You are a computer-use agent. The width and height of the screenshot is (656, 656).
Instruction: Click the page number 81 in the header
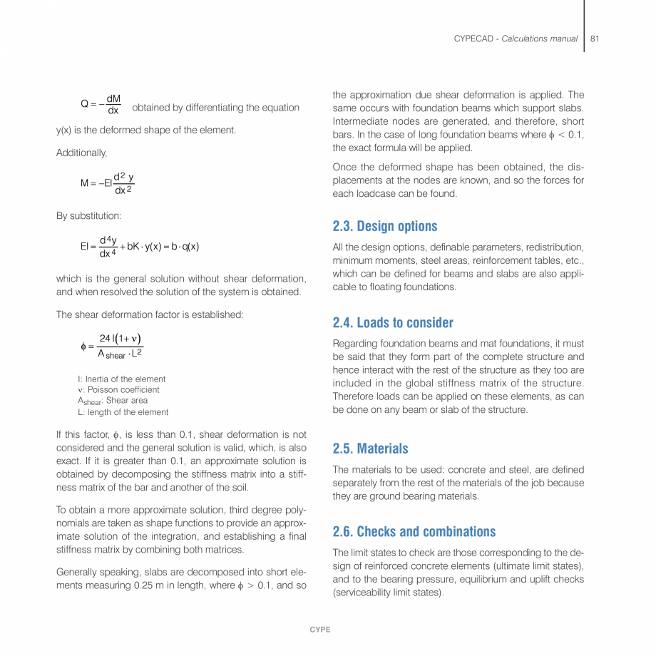(594, 39)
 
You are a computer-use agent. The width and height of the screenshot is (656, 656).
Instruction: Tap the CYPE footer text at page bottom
(319, 630)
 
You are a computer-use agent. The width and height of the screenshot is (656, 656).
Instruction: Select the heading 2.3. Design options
(385, 227)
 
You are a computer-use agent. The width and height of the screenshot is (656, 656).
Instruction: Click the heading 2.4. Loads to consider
(393, 323)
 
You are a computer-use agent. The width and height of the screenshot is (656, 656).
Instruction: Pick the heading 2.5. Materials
(370, 449)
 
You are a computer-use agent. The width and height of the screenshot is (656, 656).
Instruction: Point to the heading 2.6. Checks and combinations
(414, 532)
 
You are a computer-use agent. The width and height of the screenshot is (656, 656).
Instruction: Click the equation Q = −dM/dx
(101, 105)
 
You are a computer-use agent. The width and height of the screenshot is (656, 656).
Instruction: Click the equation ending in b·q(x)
(139, 247)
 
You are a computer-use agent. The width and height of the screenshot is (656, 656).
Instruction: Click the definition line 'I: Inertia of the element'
(121, 379)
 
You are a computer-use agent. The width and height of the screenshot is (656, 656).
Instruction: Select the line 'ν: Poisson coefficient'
(118, 390)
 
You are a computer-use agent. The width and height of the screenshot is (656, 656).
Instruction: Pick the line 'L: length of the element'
(123, 412)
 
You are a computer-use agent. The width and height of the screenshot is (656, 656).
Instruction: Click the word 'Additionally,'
(82, 153)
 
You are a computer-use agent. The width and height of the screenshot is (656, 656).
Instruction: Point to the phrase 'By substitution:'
(88, 215)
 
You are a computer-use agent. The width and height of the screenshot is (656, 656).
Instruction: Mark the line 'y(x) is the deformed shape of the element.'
(146, 130)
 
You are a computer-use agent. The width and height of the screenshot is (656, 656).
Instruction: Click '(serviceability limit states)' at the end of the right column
(388, 593)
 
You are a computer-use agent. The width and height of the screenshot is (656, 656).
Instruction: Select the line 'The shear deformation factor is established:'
(150, 314)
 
